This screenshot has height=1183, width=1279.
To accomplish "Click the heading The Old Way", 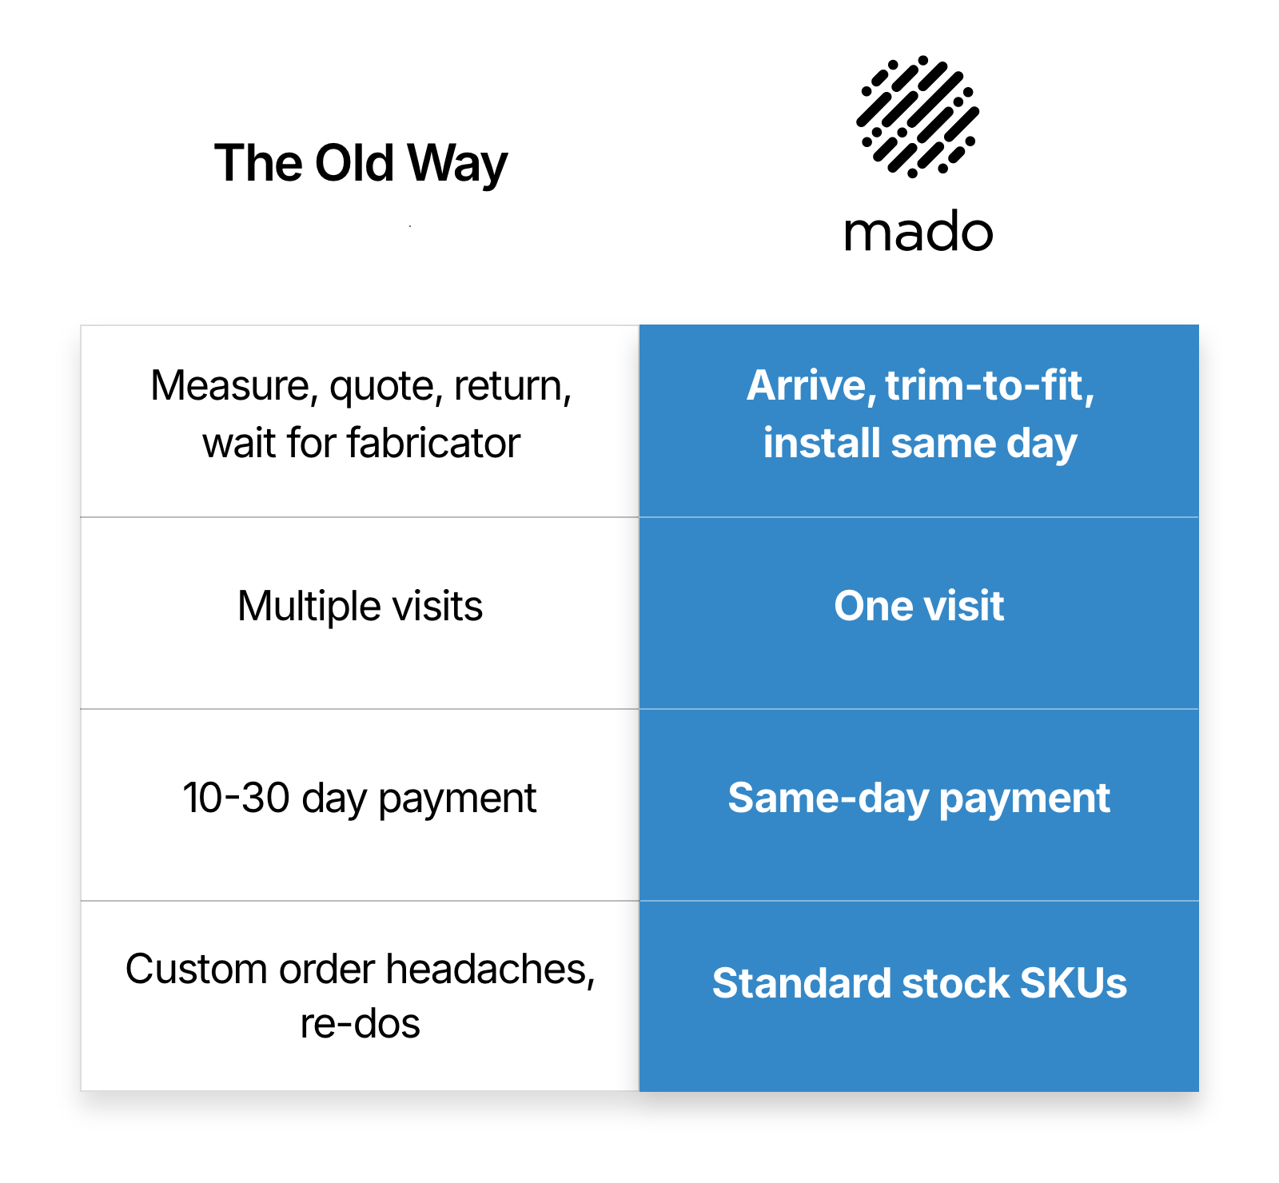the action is tap(361, 164).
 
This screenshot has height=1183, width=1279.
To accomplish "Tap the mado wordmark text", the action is tap(918, 233).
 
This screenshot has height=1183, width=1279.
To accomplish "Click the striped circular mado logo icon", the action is tap(918, 117).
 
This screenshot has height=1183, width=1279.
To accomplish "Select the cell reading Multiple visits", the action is tap(360, 613).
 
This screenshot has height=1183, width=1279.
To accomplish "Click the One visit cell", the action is tap(919, 613).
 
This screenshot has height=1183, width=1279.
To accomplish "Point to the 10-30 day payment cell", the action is tap(360, 805).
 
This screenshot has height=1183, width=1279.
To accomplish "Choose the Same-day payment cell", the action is tap(919, 805).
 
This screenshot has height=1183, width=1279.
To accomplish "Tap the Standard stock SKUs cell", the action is tap(919, 996).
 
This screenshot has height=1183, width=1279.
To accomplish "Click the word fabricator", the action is tap(434, 443).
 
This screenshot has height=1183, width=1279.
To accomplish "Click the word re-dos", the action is tap(361, 1024).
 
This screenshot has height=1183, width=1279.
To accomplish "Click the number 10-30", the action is tap(236, 798).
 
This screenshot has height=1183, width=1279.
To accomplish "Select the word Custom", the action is tap(197, 970).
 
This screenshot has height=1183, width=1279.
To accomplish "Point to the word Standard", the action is tap(801, 983).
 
